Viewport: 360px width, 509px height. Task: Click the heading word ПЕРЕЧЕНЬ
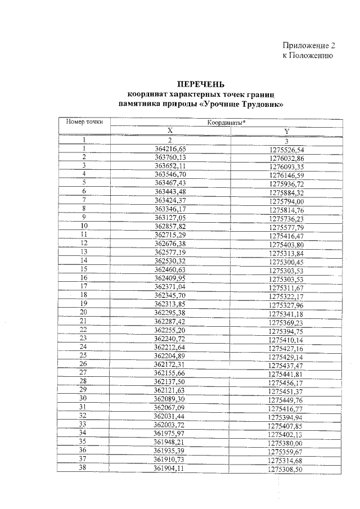point(201,84)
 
